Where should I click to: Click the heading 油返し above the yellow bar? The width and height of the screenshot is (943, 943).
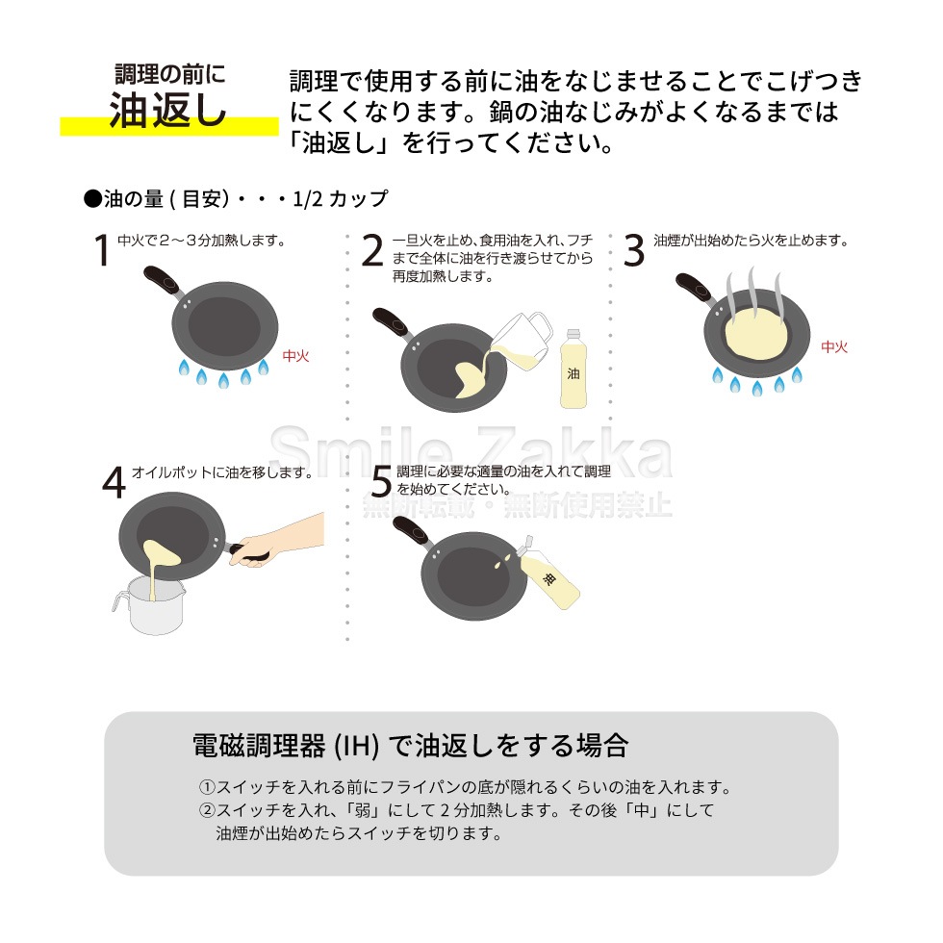pyautogui.click(x=168, y=111)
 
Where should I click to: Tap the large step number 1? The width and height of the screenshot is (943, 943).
pyautogui.click(x=101, y=250)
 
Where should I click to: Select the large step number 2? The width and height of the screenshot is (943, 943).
pyautogui.click(x=372, y=250)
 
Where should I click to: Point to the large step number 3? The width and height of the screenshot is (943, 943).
pyautogui.click(x=633, y=250)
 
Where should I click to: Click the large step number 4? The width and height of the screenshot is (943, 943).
pyautogui.click(x=114, y=482)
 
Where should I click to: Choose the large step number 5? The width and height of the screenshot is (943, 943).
pyautogui.click(x=381, y=482)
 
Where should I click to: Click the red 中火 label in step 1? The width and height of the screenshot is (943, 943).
pyautogui.click(x=295, y=356)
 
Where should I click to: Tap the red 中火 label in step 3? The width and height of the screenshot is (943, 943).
pyautogui.click(x=834, y=347)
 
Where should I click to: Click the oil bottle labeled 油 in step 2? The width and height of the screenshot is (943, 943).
pyautogui.click(x=573, y=370)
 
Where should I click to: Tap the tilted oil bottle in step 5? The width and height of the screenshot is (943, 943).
pyautogui.click(x=548, y=577)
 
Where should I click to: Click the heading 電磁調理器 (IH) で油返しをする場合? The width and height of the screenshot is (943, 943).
pyautogui.click(x=411, y=746)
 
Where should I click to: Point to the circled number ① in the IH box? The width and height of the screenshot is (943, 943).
pyautogui.click(x=206, y=787)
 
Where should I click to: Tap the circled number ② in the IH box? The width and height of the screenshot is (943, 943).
pyautogui.click(x=206, y=810)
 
